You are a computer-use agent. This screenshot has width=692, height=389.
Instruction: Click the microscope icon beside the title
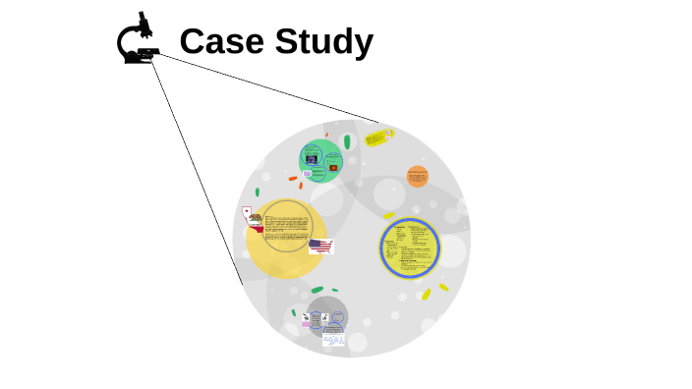pos(137,40)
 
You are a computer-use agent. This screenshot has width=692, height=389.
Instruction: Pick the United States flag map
pos(320,246)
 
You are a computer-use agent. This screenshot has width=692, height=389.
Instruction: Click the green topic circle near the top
pos(321,160)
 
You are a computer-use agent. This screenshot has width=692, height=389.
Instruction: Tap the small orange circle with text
pos(417,177)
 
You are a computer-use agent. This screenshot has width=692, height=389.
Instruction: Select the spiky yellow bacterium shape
pos(377,139)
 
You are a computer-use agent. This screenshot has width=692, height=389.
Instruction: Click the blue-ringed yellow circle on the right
pos(410,249)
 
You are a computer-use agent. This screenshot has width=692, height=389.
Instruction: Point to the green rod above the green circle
pos(347,141)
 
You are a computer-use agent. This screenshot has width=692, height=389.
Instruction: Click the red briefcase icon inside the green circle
pos(334,168)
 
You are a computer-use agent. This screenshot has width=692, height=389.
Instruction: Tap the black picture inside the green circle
pos(312,158)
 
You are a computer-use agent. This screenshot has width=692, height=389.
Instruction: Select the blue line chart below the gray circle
pos(334,339)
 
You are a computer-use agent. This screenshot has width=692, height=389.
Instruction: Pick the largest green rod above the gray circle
pos(317,290)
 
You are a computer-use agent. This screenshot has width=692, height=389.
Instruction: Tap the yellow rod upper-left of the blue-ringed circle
pos(389,215)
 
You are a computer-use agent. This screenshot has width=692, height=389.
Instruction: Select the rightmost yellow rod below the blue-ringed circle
pos(443,287)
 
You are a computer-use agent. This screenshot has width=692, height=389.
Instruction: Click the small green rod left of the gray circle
pos(293,312)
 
